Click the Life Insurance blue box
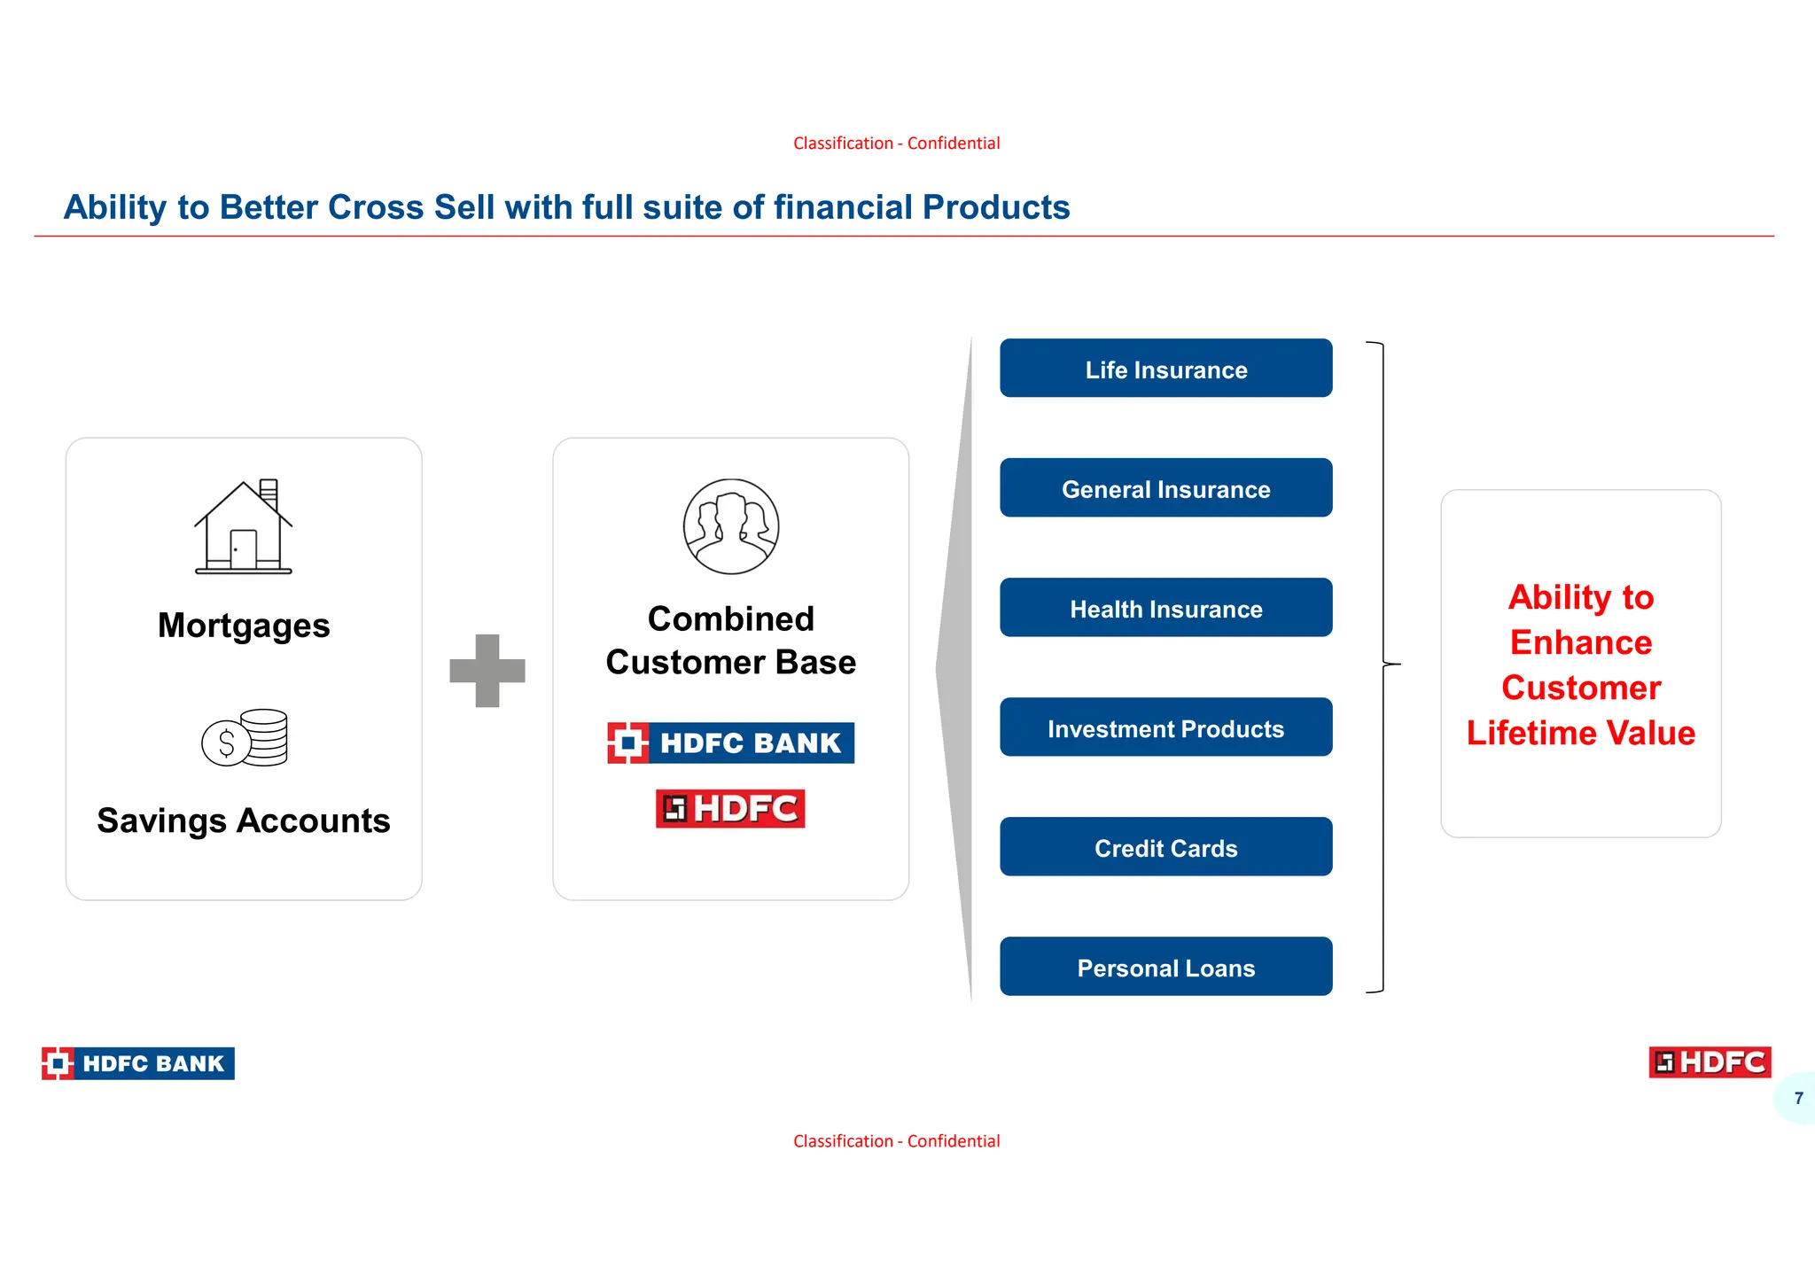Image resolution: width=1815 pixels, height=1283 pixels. pyautogui.click(x=1165, y=369)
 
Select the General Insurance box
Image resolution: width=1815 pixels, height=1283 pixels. pyautogui.click(x=1165, y=488)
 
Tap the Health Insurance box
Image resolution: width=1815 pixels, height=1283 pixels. pyautogui.click(x=1165, y=608)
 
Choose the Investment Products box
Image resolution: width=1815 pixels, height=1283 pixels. pyautogui.click(x=1165, y=727)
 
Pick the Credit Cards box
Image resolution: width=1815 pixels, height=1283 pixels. pyautogui.click(x=1165, y=847)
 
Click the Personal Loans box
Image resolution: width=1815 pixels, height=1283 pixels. pyautogui.click(x=1165, y=967)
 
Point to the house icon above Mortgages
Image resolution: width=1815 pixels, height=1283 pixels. pyautogui.click(x=244, y=527)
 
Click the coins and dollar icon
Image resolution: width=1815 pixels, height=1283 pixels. pyautogui.click(x=245, y=737)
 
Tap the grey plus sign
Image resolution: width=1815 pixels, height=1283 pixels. pyautogui.click(x=487, y=671)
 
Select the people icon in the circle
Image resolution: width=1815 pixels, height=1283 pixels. pyautogui.click(x=731, y=527)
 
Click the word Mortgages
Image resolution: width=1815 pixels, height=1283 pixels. pyautogui.click(x=244, y=626)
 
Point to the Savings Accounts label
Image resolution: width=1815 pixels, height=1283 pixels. pyautogui.click(x=244, y=820)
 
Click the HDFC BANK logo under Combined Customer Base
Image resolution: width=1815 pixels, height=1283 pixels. pyautogui.click(x=731, y=743)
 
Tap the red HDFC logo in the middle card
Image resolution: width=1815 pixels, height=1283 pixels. pyautogui.click(x=730, y=809)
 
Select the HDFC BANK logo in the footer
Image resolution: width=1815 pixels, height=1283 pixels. pyautogui.click(x=138, y=1063)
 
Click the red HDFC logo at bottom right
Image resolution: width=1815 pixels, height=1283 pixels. pyautogui.click(x=1710, y=1062)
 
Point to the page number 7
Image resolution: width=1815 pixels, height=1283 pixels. pyautogui.click(x=1798, y=1098)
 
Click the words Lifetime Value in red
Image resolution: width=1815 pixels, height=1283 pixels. pyautogui.click(x=1580, y=733)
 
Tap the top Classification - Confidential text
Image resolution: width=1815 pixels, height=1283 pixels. pyautogui.click(x=896, y=144)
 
